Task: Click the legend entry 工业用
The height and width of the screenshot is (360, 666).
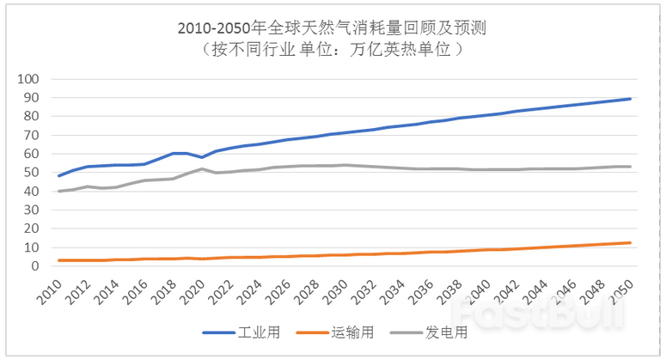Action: point(244,332)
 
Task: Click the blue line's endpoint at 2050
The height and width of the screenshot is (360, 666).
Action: point(631,99)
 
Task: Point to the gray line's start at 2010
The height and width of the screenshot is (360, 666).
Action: point(58,191)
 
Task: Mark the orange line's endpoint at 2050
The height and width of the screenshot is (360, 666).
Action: point(631,243)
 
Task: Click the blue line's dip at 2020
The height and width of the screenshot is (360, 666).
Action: point(202,157)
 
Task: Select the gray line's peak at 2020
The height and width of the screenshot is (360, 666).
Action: point(202,168)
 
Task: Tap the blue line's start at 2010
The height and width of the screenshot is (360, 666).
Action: point(58,176)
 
